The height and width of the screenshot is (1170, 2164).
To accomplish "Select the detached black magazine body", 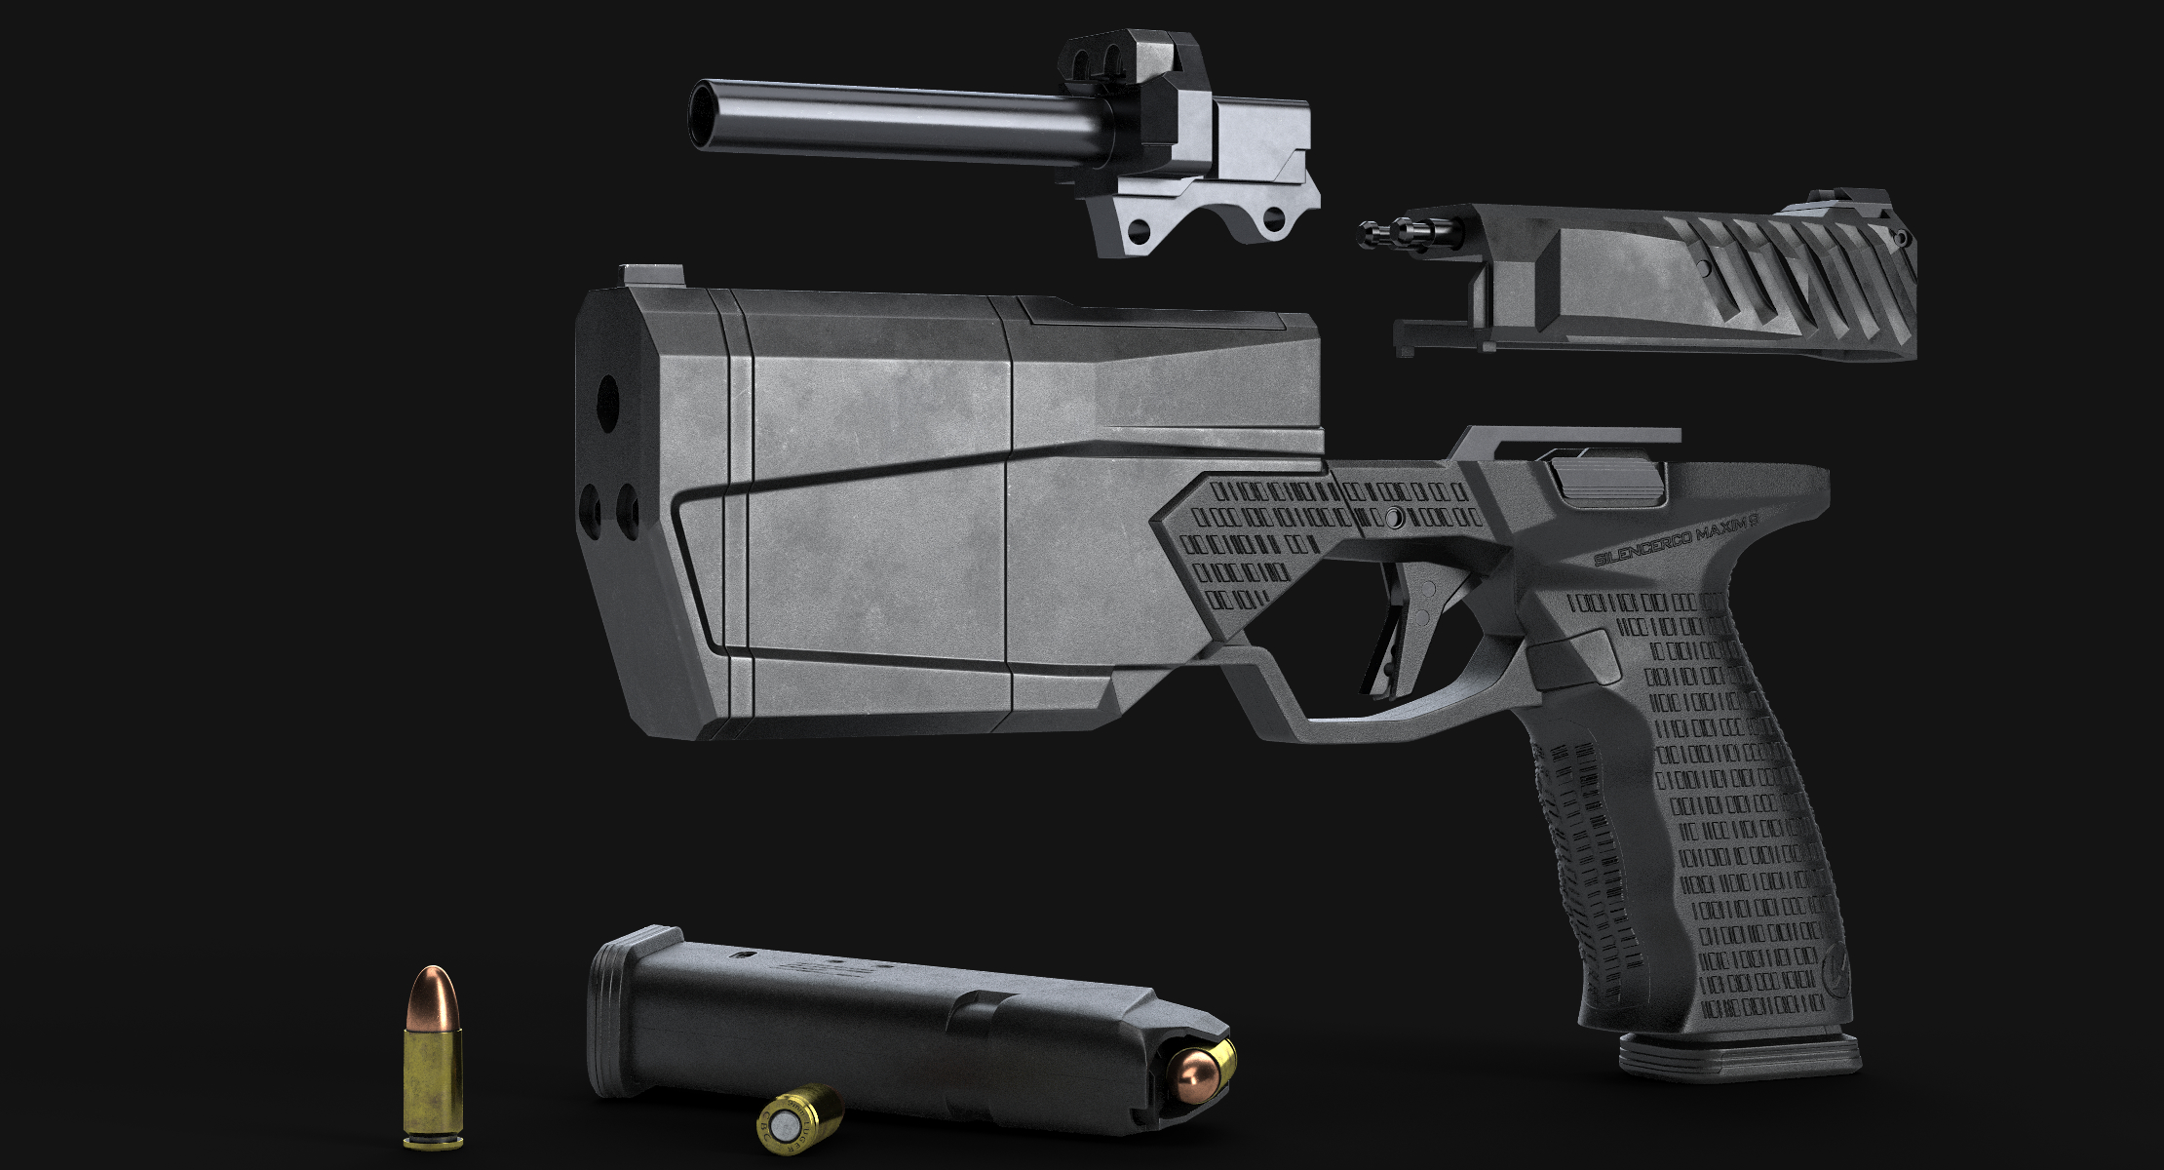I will click(x=858, y=1024).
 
